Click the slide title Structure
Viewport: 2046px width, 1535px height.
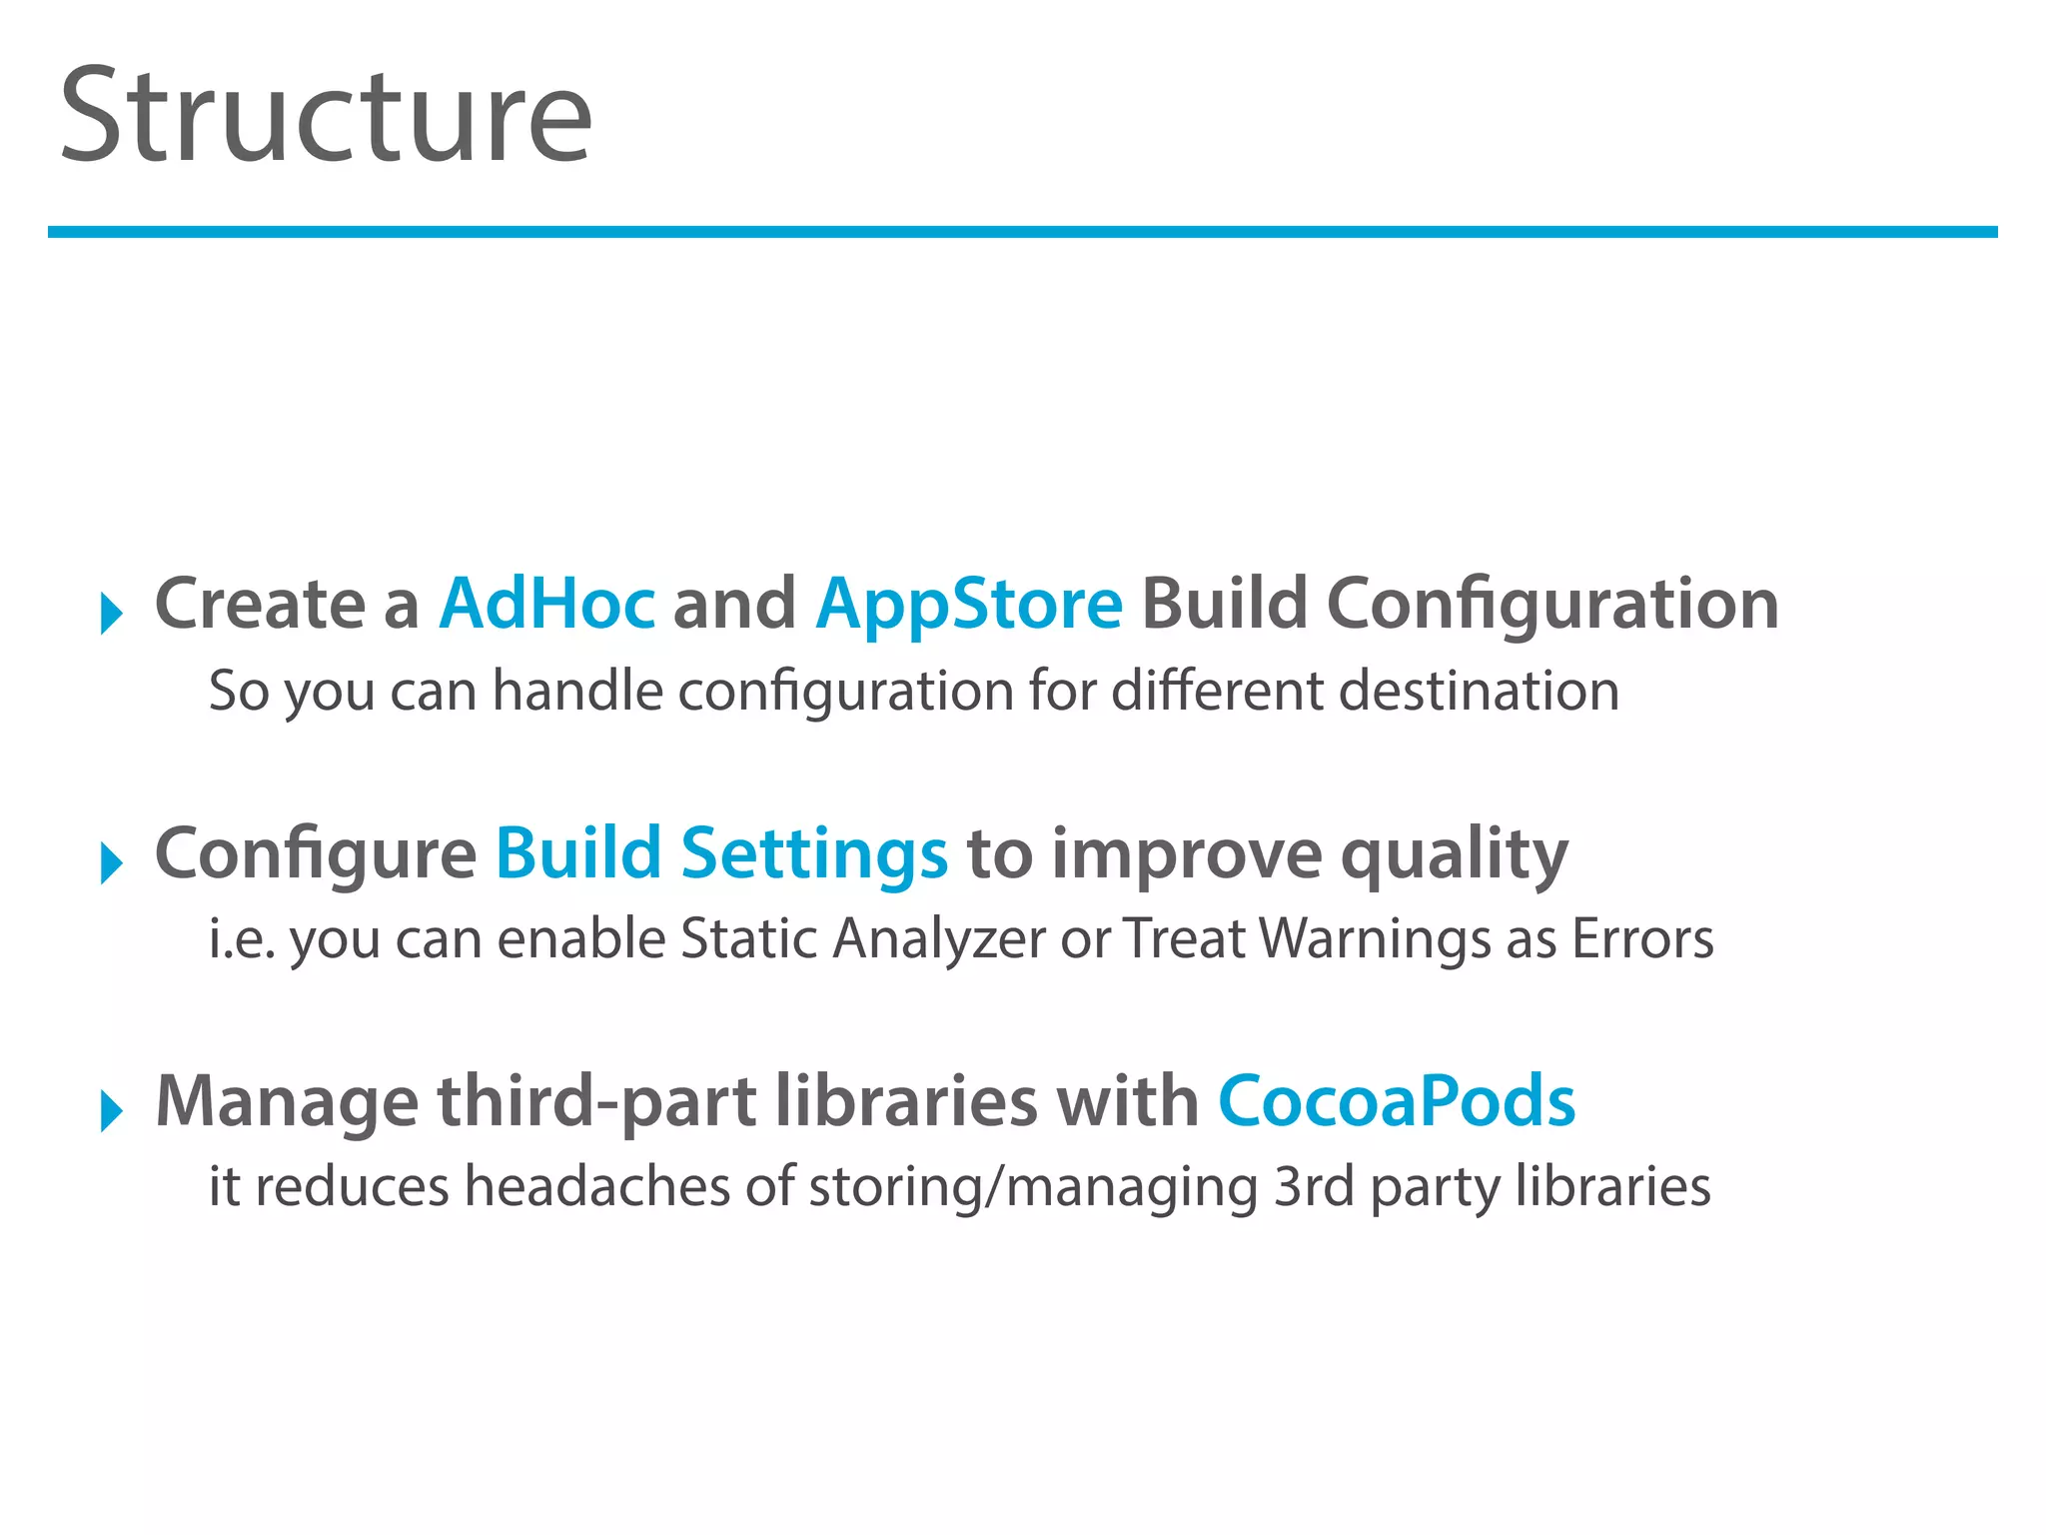coord(326,115)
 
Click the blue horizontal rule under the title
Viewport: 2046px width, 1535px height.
coord(1021,232)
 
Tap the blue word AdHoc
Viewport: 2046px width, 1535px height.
coord(547,605)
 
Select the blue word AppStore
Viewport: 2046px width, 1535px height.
coord(969,605)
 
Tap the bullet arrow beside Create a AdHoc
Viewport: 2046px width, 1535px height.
coord(111,612)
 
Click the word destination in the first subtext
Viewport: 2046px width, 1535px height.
coord(1479,691)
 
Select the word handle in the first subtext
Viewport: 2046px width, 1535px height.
coord(577,691)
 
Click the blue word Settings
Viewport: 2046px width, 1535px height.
coord(813,854)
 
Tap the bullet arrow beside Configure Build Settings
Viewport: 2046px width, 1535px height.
coord(111,861)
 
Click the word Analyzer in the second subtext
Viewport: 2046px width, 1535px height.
coord(939,939)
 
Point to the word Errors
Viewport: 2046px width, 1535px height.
coord(1642,939)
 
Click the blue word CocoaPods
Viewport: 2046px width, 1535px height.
coord(1396,1102)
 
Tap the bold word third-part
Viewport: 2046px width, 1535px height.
coord(596,1102)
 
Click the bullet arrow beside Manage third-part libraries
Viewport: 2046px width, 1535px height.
coord(111,1109)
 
